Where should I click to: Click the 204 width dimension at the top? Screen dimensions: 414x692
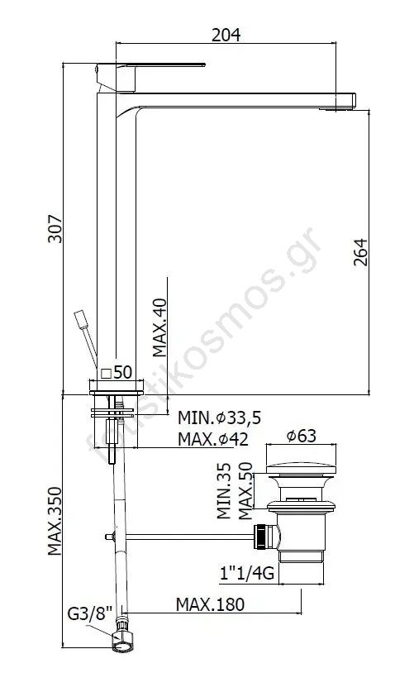(226, 35)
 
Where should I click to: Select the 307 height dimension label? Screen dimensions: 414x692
(55, 229)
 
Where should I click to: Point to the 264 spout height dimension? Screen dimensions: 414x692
(360, 252)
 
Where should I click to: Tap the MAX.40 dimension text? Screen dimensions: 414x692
(159, 327)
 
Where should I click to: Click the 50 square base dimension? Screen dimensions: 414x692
(117, 373)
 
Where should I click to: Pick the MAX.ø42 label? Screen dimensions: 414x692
(213, 439)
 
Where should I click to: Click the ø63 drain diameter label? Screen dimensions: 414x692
(302, 436)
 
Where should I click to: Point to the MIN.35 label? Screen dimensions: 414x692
(224, 490)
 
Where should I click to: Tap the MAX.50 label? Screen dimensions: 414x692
(245, 490)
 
